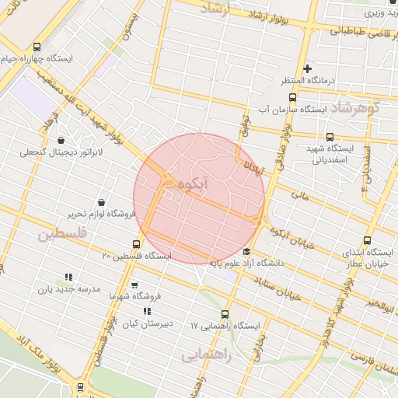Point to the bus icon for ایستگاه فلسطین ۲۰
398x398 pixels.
[x=138, y=244]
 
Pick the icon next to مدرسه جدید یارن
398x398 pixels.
[x=68, y=276]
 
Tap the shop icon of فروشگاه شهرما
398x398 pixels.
[x=134, y=285]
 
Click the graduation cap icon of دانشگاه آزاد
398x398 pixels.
[x=247, y=251]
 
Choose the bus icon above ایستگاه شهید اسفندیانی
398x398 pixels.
[x=331, y=137]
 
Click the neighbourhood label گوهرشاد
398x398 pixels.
[x=358, y=107]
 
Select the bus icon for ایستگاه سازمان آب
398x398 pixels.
[x=292, y=98]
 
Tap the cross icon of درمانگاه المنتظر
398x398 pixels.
[x=308, y=68]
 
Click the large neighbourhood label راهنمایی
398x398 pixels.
[x=206, y=354]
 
